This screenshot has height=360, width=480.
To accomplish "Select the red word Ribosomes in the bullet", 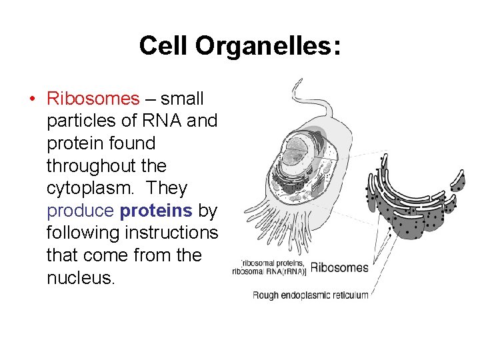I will coord(93,99).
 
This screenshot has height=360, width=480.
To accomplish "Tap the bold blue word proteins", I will coord(156,211).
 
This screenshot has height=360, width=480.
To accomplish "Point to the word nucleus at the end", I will coord(81,277).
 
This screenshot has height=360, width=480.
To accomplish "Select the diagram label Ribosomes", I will coord(339,267).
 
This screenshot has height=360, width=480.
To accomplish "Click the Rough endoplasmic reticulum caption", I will coord(310,295).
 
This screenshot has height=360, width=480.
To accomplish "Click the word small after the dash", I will coord(182,99).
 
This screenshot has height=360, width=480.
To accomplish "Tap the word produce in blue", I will coord(81,211).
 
